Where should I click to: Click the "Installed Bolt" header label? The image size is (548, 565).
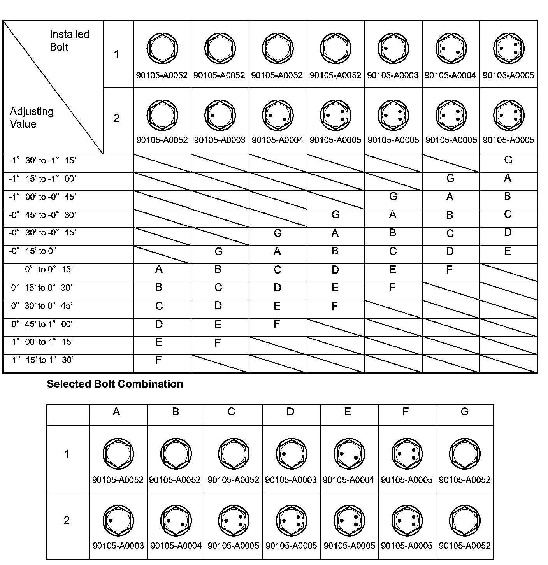pos(69,40)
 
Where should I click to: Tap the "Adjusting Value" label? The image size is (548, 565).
pos(32,118)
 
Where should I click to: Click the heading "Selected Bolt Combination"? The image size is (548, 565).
pos(115,384)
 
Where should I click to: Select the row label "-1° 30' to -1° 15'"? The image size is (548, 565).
pos(42,161)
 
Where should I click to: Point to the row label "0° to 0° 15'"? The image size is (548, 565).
pos(49,269)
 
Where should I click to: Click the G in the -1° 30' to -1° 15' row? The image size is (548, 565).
pos(508,160)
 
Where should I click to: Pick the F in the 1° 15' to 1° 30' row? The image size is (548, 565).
pos(158,360)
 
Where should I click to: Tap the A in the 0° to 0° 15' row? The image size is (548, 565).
pos(158,269)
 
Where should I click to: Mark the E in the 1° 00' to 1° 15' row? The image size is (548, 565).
pos(158,342)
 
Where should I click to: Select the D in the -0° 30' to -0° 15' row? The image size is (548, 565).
pos(508,232)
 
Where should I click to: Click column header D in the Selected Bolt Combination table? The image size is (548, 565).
pos(290,412)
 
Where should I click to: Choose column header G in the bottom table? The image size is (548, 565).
pos(464,412)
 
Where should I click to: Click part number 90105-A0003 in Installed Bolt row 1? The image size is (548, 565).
pos(393,75)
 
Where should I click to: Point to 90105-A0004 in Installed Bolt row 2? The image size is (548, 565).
pos(278,140)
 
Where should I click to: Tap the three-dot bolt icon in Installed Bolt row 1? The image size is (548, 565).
pos(508,49)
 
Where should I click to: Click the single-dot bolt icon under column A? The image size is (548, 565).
pos(118,520)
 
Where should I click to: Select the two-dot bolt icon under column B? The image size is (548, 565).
pos(176,520)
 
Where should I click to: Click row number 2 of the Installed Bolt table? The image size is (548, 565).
pos(116,118)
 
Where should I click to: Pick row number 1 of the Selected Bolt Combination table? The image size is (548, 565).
pos(67,454)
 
